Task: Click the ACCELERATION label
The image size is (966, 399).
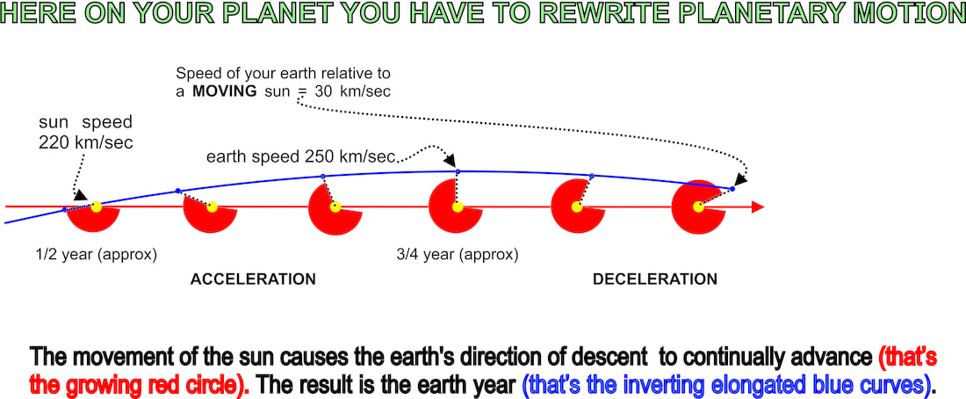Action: pos(253,279)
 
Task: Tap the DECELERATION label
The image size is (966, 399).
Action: pos(655,279)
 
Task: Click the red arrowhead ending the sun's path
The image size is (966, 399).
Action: pos(758,207)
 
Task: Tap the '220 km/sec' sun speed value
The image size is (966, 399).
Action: pos(86,142)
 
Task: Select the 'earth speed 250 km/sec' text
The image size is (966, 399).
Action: pos(300,156)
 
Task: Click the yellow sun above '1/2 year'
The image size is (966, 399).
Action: pos(96,207)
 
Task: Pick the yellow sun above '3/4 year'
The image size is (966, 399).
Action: pos(458,207)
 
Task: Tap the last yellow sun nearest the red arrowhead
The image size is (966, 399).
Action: pos(697,207)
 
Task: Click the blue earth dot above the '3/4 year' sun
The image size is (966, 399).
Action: pos(458,170)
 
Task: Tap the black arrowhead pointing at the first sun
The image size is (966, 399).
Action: pos(80,194)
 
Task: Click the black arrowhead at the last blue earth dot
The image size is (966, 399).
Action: pos(741,179)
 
